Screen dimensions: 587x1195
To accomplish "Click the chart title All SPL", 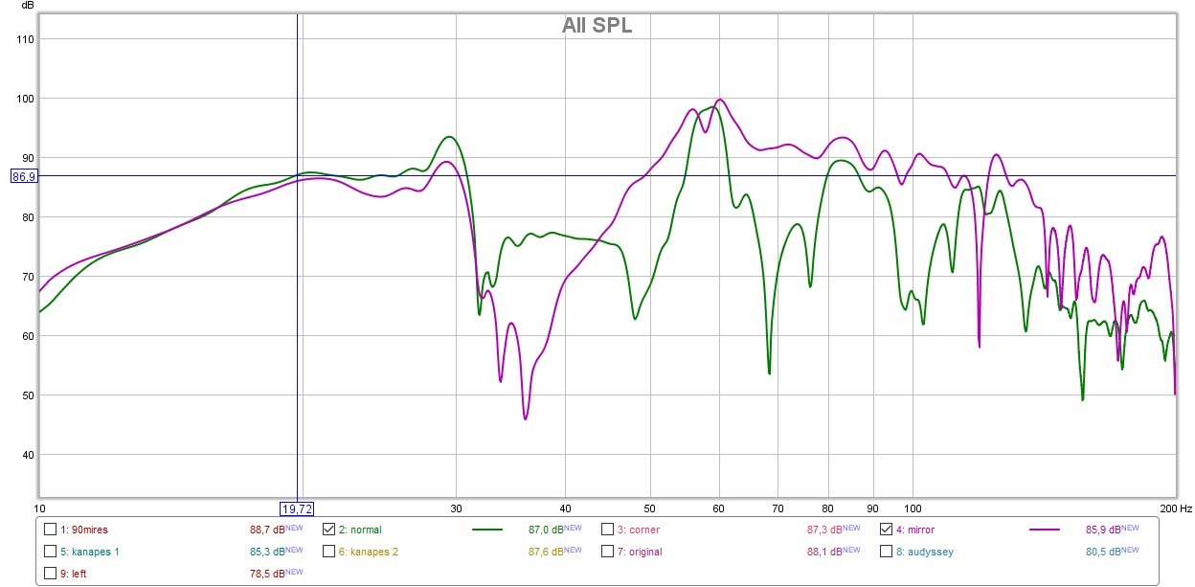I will click(597, 26).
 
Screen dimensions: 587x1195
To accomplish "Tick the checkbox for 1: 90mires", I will click(50, 529).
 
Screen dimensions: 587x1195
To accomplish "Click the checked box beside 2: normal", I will click(328, 529).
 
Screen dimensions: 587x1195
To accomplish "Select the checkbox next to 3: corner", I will click(607, 529).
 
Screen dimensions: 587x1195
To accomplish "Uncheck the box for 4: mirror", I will click(886, 529).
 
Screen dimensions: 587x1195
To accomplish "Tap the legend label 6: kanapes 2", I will click(369, 552).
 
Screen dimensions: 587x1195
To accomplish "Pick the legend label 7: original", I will click(639, 552).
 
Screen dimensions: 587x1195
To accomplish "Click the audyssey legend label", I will click(924, 552).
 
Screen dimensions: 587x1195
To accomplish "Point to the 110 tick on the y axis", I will click(25, 39).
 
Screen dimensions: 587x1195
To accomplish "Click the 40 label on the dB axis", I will click(25, 455).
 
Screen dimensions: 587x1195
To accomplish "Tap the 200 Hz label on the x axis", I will click(1171, 508).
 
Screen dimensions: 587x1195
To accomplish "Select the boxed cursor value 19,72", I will click(296, 508).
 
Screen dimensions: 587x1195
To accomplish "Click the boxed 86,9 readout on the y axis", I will click(23, 176).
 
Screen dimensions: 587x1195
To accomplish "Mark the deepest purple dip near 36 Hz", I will click(526, 418).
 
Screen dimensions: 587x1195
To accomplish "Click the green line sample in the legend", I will click(487, 529).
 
